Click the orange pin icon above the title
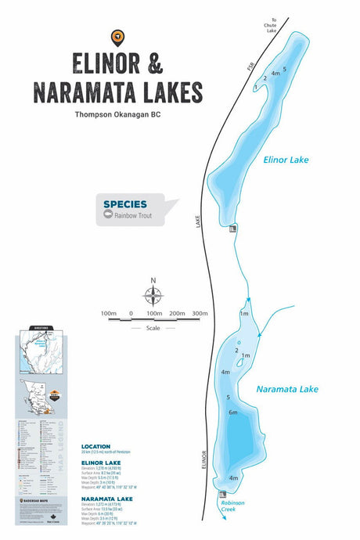click(117, 35)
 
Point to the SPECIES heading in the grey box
click(124, 204)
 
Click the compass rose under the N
click(153, 296)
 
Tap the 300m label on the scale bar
click(200, 313)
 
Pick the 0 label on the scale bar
click(131, 313)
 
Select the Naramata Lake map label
click(287, 389)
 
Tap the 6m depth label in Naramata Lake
click(232, 412)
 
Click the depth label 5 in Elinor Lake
click(285, 69)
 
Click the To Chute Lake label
click(270, 26)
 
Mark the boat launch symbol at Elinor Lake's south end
click(232, 229)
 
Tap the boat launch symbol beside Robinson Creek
click(223, 494)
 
